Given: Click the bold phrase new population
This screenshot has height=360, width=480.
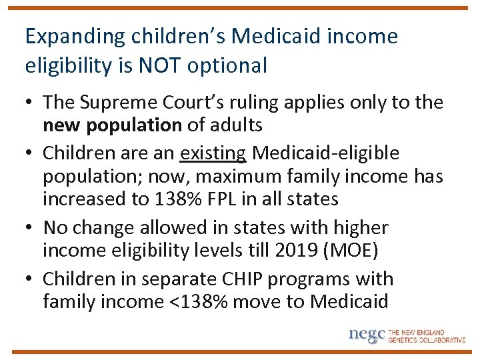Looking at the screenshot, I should pos(112,125).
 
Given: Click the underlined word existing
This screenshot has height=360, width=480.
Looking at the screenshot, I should pos(213,153).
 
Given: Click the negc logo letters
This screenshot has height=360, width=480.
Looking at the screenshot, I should pos(367,334).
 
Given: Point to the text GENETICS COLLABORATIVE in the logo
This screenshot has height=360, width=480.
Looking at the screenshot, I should pos(427,339).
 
